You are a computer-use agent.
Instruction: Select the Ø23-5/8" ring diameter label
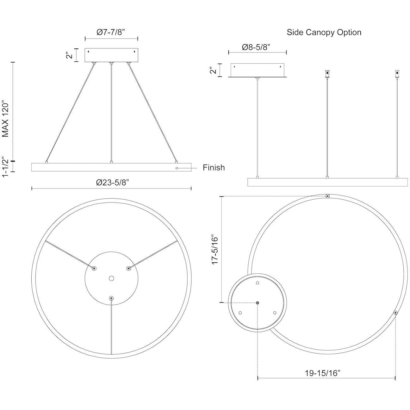113,182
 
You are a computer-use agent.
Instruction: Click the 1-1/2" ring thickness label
5,167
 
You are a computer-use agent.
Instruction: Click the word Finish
214,167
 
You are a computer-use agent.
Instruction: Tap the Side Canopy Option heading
324,32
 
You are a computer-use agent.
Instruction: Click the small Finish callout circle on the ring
177,168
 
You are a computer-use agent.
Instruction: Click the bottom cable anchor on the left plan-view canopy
111,298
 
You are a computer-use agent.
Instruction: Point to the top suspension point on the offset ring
328,196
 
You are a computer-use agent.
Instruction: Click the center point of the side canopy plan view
258,302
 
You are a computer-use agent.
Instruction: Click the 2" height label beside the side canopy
213,70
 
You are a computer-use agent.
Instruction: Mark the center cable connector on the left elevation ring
111,162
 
